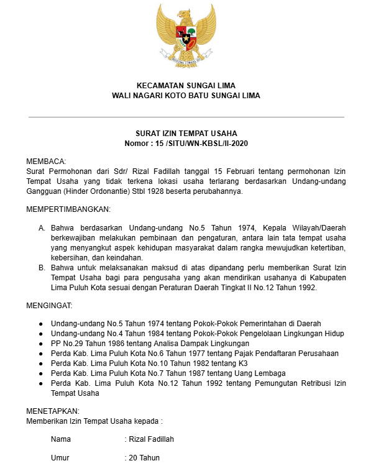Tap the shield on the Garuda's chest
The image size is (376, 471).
186,37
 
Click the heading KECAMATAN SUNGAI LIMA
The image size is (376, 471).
186,85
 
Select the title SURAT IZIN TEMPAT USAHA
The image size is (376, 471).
186,134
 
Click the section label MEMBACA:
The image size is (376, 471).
46,162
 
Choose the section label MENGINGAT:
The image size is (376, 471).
49,306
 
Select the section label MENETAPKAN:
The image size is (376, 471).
53,411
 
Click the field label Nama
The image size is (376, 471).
61,439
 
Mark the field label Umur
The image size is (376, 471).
60,458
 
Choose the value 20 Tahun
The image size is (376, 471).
144,458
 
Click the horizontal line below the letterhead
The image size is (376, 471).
186,117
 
